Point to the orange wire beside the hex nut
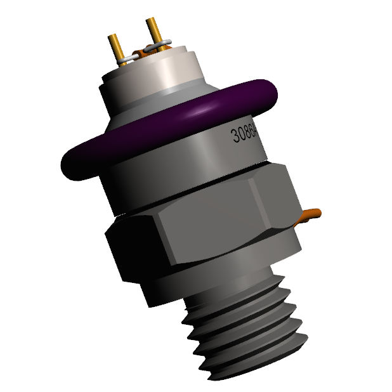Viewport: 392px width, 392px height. tap(310, 215)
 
